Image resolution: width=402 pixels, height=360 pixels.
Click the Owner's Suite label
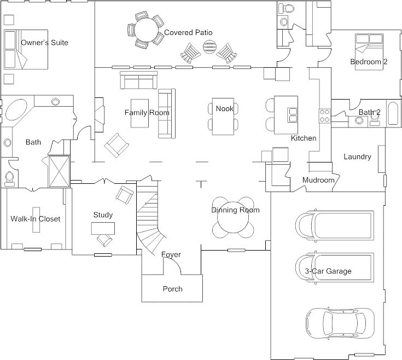(x=44, y=43)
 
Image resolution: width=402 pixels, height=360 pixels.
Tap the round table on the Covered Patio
(x=147, y=30)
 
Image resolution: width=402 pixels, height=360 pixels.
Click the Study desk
(x=103, y=228)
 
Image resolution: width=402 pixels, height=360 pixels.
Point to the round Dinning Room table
(x=233, y=218)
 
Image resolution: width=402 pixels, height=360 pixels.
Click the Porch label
(x=172, y=289)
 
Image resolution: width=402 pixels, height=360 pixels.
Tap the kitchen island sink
(x=293, y=114)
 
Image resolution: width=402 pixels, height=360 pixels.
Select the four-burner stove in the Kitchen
(x=325, y=116)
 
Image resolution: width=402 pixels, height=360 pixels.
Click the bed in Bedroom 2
(x=369, y=52)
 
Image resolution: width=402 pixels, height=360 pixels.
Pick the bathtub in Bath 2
(x=393, y=113)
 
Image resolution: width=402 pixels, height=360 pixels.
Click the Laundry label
(x=357, y=156)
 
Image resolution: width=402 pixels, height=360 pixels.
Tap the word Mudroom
(x=318, y=180)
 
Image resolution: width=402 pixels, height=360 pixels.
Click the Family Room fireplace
(x=100, y=115)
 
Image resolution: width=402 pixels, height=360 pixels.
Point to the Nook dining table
(x=223, y=117)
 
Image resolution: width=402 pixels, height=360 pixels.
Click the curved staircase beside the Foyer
(x=150, y=218)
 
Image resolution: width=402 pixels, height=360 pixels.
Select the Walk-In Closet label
(x=36, y=219)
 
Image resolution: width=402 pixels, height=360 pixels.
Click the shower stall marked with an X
(x=59, y=172)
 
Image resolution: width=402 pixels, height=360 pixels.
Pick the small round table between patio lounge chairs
(x=209, y=47)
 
